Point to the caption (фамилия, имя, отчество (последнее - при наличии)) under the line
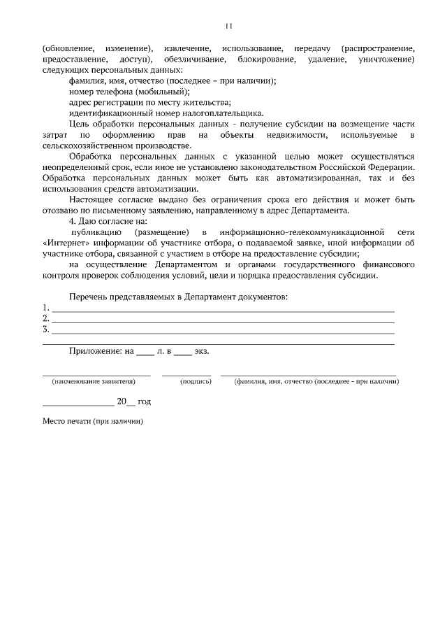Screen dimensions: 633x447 tap(316, 382)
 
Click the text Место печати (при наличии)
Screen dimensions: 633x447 tap(92, 422)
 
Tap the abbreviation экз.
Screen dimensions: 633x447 tap(201, 351)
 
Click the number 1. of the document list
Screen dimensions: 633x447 tap(46, 308)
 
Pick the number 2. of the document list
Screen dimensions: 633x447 tap(46, 318)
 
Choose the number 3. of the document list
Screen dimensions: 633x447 tap(46, 329)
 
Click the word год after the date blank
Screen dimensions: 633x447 tap(144, 402)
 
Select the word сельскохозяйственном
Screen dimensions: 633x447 tap(85, 145)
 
